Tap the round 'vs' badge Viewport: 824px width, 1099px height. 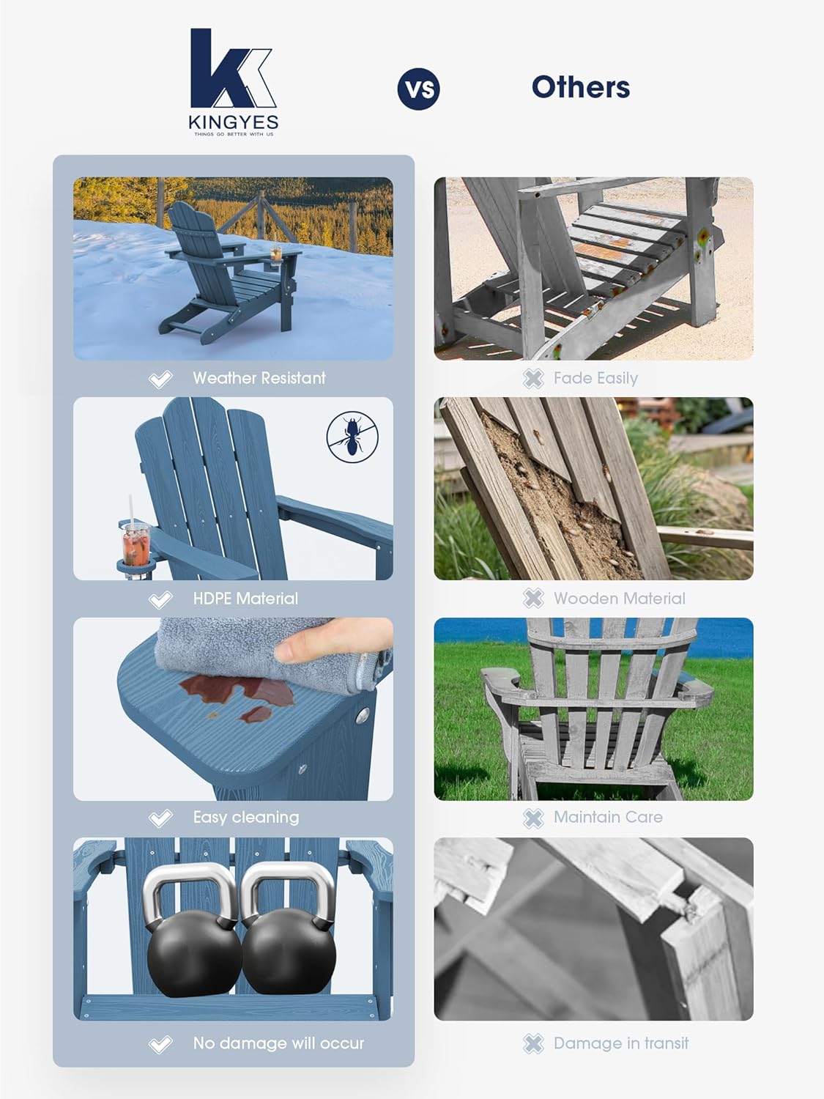coord(418,89)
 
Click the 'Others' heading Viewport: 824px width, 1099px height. coord(580,87)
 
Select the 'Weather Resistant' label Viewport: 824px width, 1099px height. coord(259,378)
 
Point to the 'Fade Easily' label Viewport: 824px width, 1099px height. coord(595,378)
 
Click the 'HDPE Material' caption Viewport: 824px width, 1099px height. coord(245,599)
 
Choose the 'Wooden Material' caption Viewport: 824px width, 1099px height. coord(619,599)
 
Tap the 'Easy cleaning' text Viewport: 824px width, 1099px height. coord(245,817)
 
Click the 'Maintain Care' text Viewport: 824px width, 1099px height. coord(607,817)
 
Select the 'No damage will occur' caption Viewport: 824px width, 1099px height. coord(278,1043)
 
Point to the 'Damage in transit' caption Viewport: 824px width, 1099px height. coord(620,1043)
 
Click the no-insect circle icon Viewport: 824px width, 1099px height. coord(352,437)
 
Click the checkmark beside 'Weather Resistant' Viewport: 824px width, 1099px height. coord(160,379)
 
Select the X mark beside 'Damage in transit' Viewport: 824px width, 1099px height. coord(533,1043)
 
